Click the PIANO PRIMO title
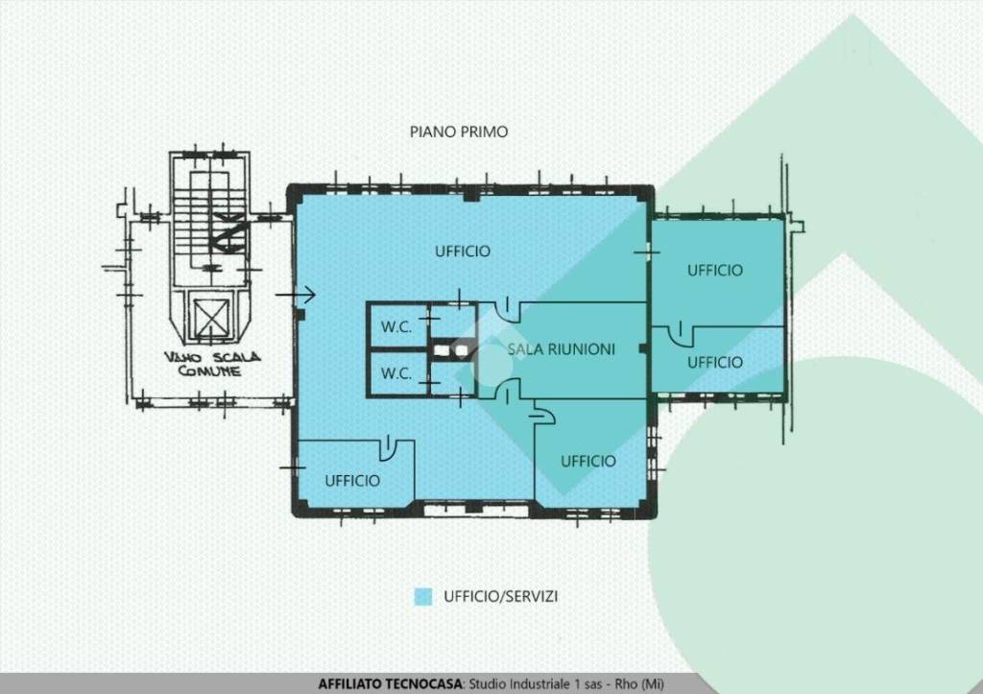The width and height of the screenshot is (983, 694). [458, 132]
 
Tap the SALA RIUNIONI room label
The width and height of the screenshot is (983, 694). [561, 349]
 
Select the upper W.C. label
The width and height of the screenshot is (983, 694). [396, 326]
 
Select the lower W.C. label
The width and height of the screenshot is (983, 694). [396, 373]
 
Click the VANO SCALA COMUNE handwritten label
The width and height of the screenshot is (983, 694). [212, 364]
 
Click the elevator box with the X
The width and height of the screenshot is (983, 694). [210, 318]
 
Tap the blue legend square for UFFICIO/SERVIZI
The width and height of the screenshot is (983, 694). [423, 596]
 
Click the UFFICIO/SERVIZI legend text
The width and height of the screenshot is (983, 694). [500, 596]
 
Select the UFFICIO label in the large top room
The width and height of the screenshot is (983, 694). [463, 251]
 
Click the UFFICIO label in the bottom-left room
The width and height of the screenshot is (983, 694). [352, 481]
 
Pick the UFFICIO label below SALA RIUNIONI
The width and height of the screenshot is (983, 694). [588, 462]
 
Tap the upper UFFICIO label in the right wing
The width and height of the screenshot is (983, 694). [714, 270]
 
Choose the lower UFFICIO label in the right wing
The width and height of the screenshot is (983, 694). [714, 363]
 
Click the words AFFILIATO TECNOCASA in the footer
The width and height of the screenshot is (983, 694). [390, 684]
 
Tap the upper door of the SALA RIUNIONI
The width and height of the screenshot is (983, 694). [509, 309]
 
